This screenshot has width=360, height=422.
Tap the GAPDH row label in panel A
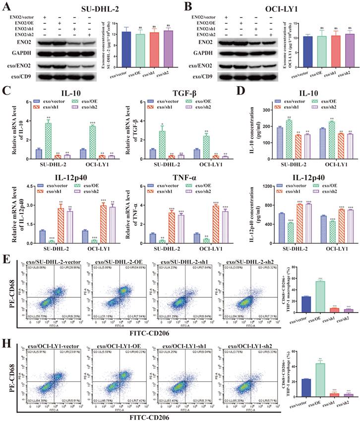pos(19,53)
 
